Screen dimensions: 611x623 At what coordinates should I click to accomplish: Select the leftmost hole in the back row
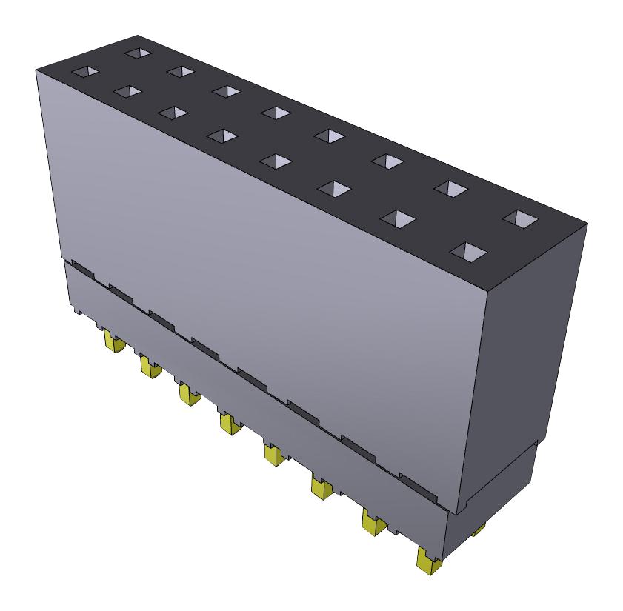coord(137,53)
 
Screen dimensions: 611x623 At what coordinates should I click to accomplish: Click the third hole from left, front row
coord(173,113)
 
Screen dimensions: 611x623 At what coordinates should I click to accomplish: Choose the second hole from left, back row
coord(180,71)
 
